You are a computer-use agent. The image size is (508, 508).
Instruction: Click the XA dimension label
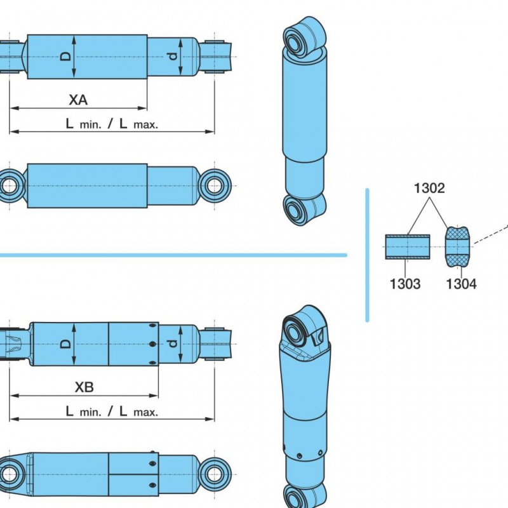point(78,100)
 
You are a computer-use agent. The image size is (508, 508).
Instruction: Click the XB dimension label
point(84,387)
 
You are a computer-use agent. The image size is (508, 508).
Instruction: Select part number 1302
point(429,188)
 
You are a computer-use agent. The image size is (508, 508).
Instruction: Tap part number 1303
point(405,284)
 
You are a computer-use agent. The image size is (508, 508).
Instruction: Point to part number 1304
point(462,284)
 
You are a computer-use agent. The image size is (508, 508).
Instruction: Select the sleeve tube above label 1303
point(408,247)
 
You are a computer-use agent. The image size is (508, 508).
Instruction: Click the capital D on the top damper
point(66,57)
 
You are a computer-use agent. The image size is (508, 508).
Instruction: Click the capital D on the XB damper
point(66,344)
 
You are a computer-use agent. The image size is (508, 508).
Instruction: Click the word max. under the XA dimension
point(146,124)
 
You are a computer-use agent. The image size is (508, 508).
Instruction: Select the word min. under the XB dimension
point(90,412)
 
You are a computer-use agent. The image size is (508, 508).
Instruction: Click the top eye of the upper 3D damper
point(295,41)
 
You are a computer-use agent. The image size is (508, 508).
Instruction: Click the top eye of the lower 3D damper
point(295,331)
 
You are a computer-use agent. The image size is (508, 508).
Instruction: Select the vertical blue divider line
point(367,255)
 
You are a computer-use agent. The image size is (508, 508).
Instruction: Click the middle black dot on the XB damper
point(153,344)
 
